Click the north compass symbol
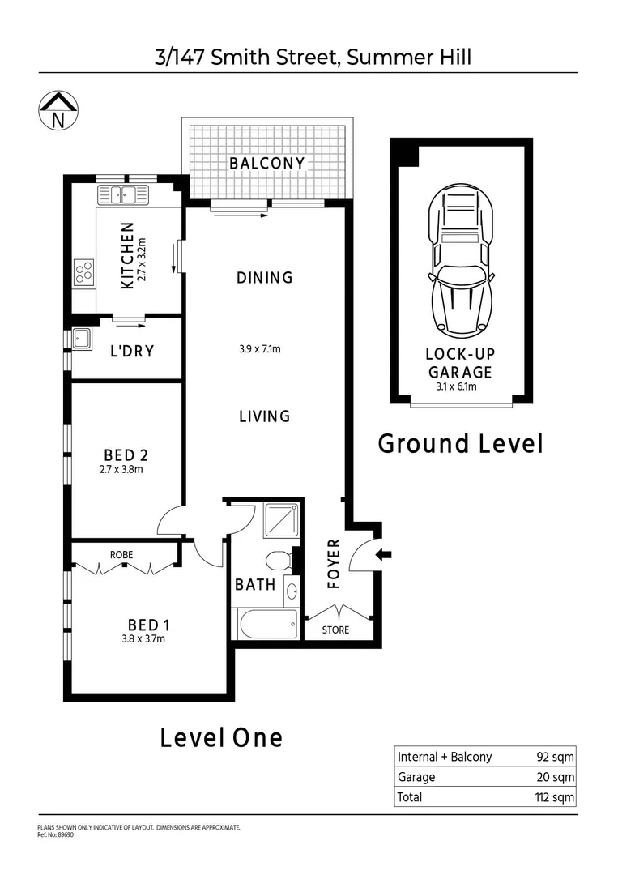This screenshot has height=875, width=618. point(58,111)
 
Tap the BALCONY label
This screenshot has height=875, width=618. point(266,163)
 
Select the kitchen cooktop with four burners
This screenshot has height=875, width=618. point(83,272)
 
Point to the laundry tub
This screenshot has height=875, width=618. point(81,339)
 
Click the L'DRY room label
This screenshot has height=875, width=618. point(132,352)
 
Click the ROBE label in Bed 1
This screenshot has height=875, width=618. point(121,554)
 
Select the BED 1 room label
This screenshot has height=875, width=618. point(149,625)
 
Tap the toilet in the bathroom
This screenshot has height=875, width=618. point(279,560)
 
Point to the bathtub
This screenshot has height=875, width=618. point(267,624)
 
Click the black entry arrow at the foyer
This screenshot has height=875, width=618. point(385,555)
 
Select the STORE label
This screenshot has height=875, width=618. point(335,630)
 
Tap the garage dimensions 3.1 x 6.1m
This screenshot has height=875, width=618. point(456,386)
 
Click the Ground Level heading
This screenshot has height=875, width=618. point(460,444)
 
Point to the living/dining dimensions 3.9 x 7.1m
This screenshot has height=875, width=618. point(259,350)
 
